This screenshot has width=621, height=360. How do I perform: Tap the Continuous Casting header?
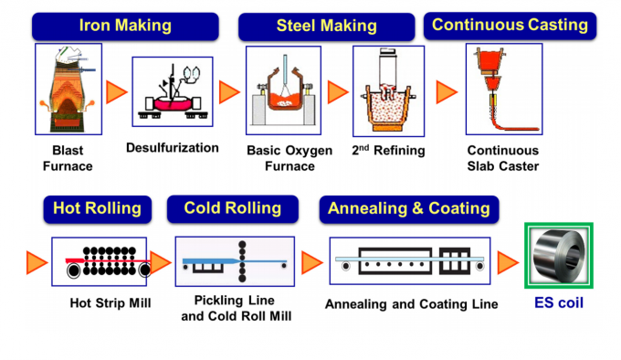pos(510,25)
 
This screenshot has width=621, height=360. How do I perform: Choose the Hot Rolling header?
pos(97,208)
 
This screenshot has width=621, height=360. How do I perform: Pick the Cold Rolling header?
pos(233,208)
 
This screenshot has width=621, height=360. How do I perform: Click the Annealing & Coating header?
pos(409,208)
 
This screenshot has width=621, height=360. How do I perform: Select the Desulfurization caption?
pos(173,147)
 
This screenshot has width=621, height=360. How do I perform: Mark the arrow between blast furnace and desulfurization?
pos(116,92)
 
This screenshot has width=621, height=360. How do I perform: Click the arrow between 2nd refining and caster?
pos(447,92)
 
